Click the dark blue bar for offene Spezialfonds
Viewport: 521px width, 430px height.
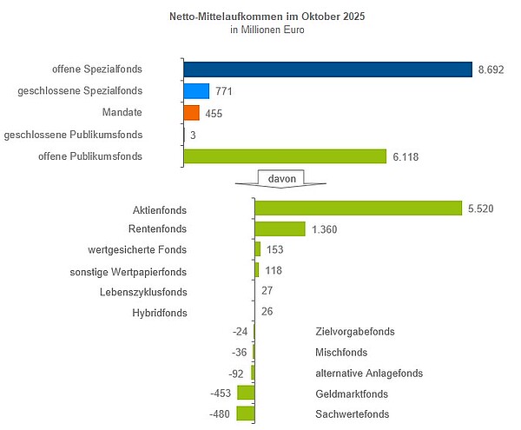(327, 69)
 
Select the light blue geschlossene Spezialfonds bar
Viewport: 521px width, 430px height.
(196, 91)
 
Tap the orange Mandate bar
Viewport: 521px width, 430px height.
(191, 113)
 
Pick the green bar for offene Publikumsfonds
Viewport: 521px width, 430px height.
(285, 156)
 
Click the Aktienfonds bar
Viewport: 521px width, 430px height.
(357, 208)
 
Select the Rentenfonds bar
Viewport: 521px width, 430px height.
(280, 228)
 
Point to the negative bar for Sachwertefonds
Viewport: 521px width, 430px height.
(246, 413)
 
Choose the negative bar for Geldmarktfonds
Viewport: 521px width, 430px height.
(246, 393)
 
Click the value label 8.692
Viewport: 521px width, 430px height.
(492, 69)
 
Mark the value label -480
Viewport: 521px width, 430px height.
(222, 413)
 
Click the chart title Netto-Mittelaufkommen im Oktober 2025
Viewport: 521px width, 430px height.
(259, 16)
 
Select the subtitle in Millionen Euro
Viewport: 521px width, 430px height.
(259, 30)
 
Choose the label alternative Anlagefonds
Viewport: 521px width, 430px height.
(369, 373)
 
